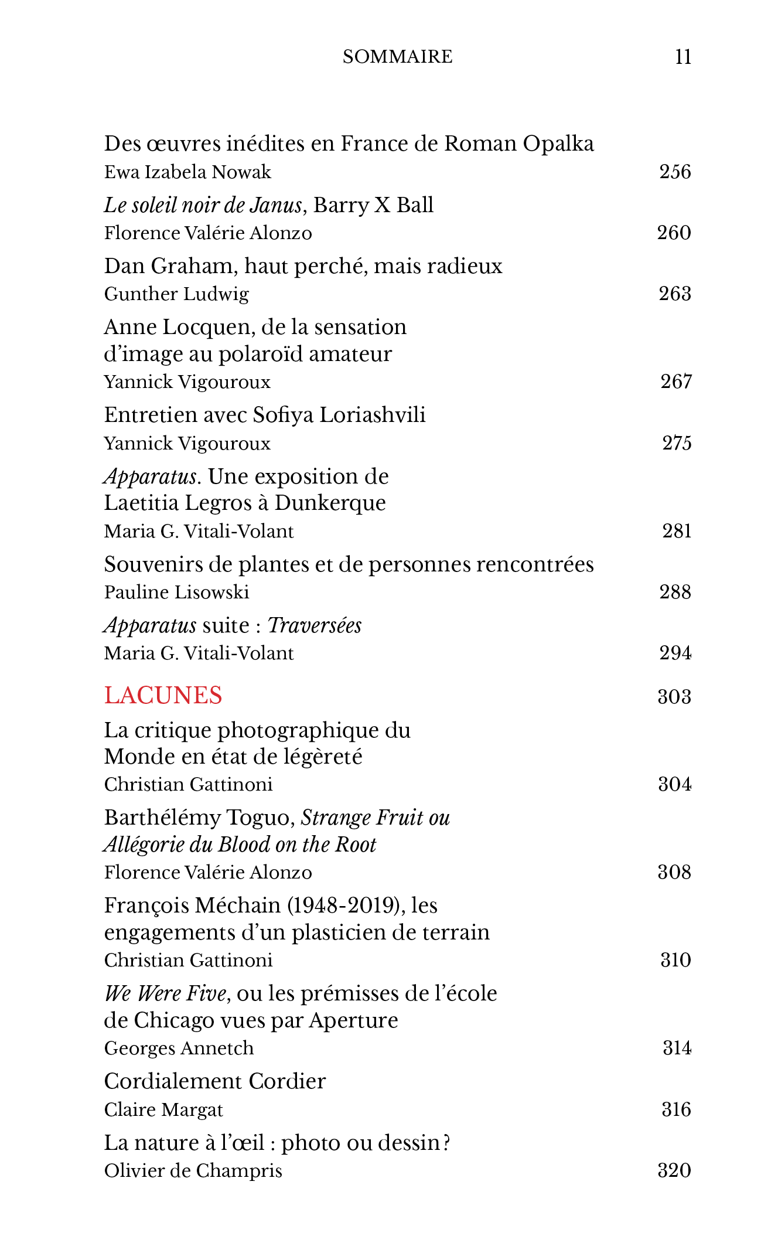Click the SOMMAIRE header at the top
tap(397, 57)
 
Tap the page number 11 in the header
tap(682, 57)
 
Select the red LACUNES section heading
tap(163, 696)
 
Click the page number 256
tap(675, 172)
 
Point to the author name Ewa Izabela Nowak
tap(187, 172)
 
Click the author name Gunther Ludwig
tap(176, 294)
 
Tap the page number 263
tap(675, 294)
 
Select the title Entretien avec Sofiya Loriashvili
tap(265, 415)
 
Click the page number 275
tap(677, 443)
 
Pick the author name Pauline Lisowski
tap(176, 593)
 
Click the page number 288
tap(675, 593)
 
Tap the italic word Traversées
tap(315, 626)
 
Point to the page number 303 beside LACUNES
tap(674, 697)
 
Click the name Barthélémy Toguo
tap(199, 818)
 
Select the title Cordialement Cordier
tap(214, 1081)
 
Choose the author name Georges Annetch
tap(179, 1048)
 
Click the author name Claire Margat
tap(163, 1110)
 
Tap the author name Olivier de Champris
tap(193, 1171)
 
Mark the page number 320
tap(674, 1171)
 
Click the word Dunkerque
tap(330, 503)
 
